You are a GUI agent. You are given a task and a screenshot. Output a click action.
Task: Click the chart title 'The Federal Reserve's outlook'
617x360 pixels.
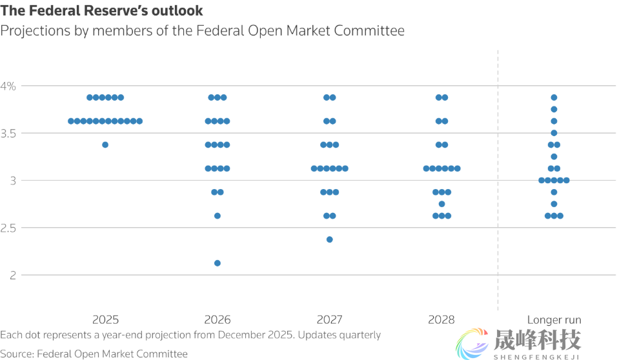coord(101,11)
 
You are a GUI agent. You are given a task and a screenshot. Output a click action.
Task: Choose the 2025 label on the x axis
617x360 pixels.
coord(105,319)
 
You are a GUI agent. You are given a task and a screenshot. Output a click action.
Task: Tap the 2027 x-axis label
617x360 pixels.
coord(329,319)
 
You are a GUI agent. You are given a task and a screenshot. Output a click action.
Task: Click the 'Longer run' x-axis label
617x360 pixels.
coord(554,319)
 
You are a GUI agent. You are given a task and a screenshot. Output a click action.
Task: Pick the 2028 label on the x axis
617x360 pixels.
coord(441,319)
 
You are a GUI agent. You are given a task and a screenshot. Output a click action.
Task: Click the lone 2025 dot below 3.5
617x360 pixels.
coord(105,145)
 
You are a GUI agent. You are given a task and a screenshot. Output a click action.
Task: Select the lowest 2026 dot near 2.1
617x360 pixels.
coord(217,263)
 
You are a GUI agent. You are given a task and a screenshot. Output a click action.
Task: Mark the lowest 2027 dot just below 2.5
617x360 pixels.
coord(329,239)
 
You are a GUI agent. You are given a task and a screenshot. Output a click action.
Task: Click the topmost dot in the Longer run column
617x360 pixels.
coord(554,97)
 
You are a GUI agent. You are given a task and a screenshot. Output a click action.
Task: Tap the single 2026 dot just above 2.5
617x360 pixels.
coord(217,215)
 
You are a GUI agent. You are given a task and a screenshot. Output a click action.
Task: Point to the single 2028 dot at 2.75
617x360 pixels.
coord(441,204)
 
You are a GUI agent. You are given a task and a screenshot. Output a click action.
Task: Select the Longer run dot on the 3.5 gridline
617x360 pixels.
coord(554,133)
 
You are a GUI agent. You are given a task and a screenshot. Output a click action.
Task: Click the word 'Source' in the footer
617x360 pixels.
coord(17,354)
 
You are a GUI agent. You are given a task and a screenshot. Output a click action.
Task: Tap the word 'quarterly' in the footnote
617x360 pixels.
coord(359,335)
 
